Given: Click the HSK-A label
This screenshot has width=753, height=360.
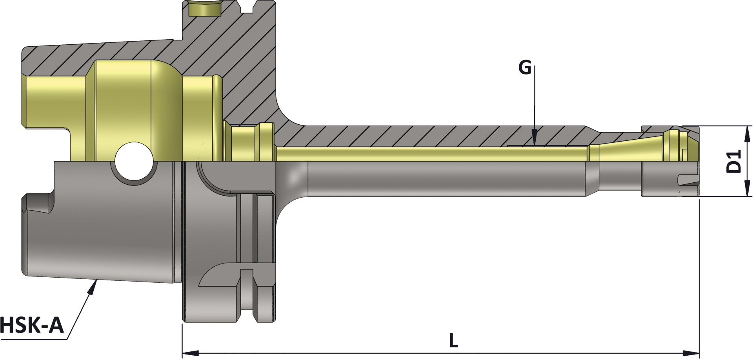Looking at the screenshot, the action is [31, 325].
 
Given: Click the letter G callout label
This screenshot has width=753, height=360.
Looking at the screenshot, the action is [525, 68].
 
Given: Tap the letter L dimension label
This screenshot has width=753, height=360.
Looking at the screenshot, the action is [453, 340].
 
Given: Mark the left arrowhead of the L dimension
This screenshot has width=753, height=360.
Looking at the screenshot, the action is [191, 352].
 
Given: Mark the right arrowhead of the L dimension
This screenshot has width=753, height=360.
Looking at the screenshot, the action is [691, 352].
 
